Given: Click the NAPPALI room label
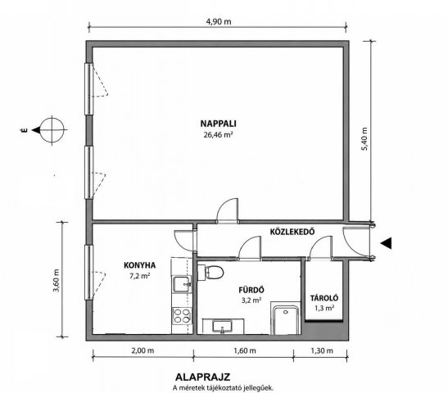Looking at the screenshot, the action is pyautogui.click(x=218, y=124).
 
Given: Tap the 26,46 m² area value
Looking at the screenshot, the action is pyautogui.click(x=218, y=134).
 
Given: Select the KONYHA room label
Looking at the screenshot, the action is pyautogui.click(x=140, y=265).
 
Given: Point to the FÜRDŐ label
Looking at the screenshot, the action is pyautogui.click(x=251, y=290).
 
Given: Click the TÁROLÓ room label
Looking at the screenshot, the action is pyautogui.click(x=324, y=298).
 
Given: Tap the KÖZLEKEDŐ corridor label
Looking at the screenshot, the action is pyautogui.click(x=292, y=232).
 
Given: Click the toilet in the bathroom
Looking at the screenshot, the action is pyautogui.click(x=210, y=272).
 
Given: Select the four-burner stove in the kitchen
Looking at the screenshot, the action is pyautogui.click(x=182, y=315).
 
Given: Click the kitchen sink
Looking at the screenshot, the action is pyautogui.click(x=182, y=284).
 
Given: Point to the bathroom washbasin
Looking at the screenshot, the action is pyautogui.click(x=223, y=326).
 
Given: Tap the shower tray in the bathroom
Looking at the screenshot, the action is pyautogui.click(x=286, y=319).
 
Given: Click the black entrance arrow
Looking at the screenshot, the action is pyautogui.click(x=386, y=243).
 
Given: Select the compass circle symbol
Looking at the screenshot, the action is pyautogui.click(x=52, y=130).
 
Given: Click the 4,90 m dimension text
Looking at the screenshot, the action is pyautogui.click(x=219, y=22).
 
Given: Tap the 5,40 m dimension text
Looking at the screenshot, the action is pyautogui.click(x=364, y=138).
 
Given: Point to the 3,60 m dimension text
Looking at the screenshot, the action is pyautogui.click(x=56, y=280).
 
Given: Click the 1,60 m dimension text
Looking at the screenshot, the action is pyautogui.click(x=245, y=350).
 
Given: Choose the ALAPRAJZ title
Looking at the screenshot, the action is pyautogui.click(x=202, y=377).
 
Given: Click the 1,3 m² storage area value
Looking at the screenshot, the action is pyautogui.click(x=324, y=309).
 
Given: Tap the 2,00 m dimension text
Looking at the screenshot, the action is pyautogui.click(x=143, y=350).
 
